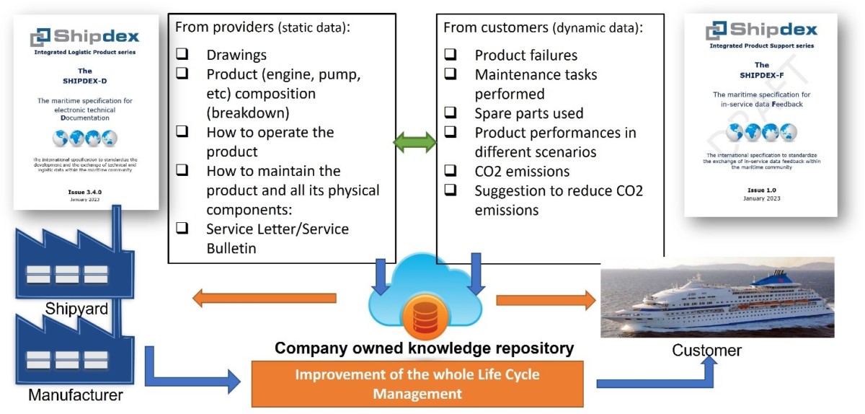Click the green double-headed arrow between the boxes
coord(414,143)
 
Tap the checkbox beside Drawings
coord(182,55)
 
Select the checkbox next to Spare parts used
coord(450,113)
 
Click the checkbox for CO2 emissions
coord(450,172)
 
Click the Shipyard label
coord(76,309)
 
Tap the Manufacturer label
coord(76,395)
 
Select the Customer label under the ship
coord(706,351)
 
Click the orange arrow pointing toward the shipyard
coord(263,298)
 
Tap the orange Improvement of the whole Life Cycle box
coord(417,384)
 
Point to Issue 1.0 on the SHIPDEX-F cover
coord(761,190)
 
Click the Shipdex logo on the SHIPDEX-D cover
coord(86,37)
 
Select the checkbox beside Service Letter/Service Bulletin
coord(182,229)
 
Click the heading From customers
coord(495,28)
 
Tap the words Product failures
coord(525,55)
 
